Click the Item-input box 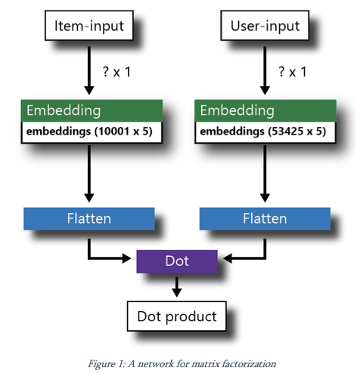click(89, 27)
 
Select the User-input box click(264, 27)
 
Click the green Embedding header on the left click(89, 111)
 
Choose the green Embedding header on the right click(264, 111)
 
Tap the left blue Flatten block click(89, 219)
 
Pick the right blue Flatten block click(264, 219)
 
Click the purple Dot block click(176, 261)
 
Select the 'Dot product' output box click(176, 316)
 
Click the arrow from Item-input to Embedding click(89, 72)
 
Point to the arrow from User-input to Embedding click(264, 72)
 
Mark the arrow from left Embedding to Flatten click(89, 174)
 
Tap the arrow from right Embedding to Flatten click(264, 174)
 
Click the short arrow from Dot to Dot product click(176, 286)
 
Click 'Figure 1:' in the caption click(107, 363)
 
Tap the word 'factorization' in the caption click(250, 363)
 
